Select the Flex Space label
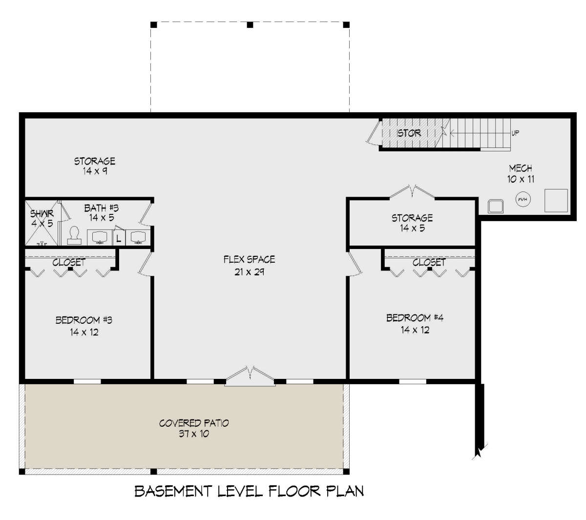click(249, 259)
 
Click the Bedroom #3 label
click(84, 320)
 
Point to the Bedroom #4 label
click(415, 318)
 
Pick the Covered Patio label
click(194, 423)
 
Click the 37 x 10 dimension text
click(194, 434)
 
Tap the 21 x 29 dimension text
click(249, 272)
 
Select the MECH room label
click(521, 168)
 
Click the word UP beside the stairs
click(515, 133)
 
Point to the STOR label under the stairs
click(408, 133)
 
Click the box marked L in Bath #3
click(119, 238)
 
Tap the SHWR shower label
click(42, 214)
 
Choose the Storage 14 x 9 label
click(95, 166)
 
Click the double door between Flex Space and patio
click(250, 376)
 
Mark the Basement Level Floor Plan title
click(249, 491)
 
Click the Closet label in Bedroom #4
click(429, 262)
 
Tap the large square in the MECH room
click(556, 201)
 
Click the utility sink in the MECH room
click(496, 207)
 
